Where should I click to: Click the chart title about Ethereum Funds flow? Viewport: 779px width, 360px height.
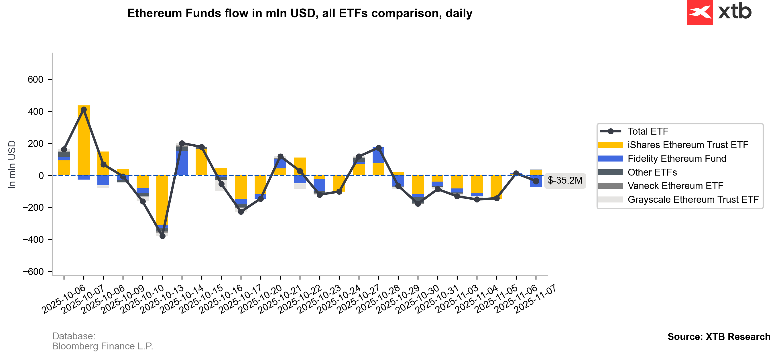click(x=299, y=13)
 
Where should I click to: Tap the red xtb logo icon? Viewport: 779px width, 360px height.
click(x=700, y=12)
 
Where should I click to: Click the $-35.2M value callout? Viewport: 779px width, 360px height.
click(x=564, y=181)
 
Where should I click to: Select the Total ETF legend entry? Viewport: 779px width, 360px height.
click(x=648, y=131)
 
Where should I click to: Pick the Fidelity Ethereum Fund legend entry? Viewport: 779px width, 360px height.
click(x=676, y=159)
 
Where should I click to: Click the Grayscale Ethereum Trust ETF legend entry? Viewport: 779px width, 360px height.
click(x=693, y=200)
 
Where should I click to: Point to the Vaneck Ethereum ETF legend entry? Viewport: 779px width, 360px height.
click(x=675, y=186)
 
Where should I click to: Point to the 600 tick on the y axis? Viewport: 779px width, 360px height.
click(x=36, y=80)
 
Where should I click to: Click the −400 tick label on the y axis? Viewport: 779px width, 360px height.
click(x=33, y=240)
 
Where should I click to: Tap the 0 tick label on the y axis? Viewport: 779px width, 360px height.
click(x=41, y=176)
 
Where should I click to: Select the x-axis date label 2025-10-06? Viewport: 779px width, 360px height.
click(x=64, y=299)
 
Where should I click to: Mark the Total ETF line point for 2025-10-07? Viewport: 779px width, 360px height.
click(x=84, y=109)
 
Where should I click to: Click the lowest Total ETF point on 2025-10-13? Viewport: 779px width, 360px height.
click(x=162, y=236)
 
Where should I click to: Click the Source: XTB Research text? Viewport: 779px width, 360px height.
click(x=719, y=337)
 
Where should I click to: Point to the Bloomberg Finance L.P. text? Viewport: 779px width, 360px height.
click(x=103, y=346)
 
